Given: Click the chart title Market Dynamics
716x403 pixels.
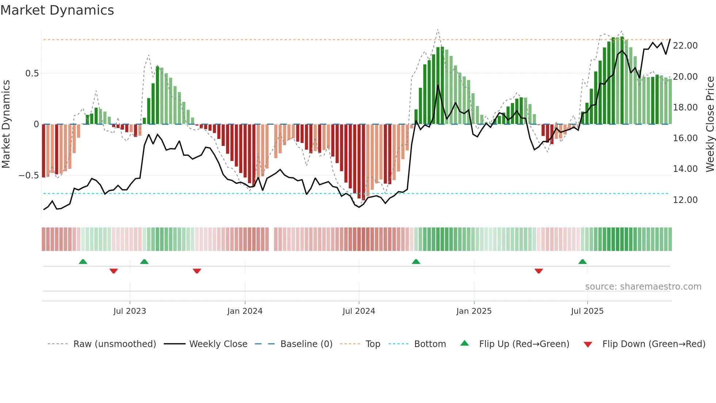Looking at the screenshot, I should (57, 10).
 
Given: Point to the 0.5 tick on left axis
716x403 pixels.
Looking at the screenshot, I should (32, 74).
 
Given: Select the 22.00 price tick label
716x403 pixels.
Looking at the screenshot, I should (685, 46).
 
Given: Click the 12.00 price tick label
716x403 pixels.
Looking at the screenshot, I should (685, 200).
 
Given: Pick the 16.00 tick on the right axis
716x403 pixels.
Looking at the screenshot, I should (685, 138).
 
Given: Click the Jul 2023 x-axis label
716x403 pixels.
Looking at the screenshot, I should (130, 311).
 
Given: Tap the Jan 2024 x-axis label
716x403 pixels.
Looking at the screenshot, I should (245, 311).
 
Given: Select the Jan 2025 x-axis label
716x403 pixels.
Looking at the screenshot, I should (474, 311).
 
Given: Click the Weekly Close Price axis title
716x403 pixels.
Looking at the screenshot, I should (710, 124).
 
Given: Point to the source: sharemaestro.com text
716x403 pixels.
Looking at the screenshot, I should (643, 287).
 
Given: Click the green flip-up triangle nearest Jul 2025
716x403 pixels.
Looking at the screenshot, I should (582, 261).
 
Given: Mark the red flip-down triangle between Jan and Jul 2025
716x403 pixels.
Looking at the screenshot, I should (538, 271).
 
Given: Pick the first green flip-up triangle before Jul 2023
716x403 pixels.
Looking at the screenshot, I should (83, 261).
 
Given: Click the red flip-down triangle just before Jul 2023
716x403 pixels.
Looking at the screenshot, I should (114, 271).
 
